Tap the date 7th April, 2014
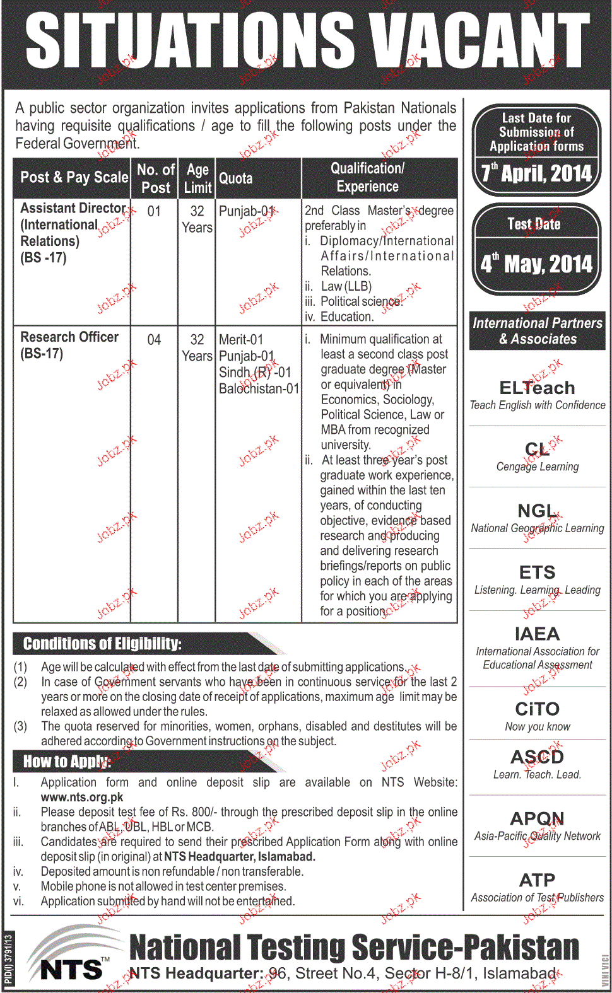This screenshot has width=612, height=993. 536,173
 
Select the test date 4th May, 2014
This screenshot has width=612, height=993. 536,264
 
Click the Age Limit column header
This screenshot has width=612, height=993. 197,178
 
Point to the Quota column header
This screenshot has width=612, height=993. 236,178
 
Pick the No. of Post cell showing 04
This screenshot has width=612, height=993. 154,340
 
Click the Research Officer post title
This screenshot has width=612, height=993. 69,337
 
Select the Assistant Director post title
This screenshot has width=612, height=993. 73,208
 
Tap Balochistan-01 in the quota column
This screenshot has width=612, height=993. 259,389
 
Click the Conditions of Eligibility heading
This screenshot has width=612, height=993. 102,644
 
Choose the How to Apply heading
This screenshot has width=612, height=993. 67,762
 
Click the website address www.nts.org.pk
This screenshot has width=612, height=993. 82,797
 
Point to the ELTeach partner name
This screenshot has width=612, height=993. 537,388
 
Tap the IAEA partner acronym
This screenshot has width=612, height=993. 537,634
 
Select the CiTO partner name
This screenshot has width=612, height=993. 537,709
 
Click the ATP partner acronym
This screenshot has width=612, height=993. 537,880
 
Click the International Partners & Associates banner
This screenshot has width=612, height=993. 538,331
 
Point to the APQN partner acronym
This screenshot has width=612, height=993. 537,818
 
